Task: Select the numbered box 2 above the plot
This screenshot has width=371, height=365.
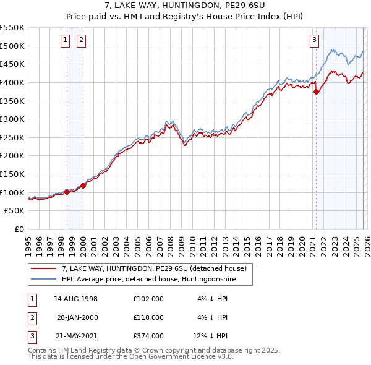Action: point(81,40)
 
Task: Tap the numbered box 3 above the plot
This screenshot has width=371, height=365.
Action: point(314,40)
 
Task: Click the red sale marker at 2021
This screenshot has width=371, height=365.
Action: point(317,92)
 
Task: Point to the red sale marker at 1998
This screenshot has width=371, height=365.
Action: point(67,192)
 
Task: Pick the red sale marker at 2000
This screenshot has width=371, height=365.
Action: point(83,186)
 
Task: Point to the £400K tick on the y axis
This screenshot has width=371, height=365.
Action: point(12,82)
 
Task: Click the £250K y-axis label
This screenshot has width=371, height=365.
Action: point(12,137)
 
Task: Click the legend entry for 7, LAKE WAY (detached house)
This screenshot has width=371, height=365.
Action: point(154,268)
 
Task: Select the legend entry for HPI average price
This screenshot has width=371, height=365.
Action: point(148,279)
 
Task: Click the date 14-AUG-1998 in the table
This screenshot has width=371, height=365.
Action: point(76,298)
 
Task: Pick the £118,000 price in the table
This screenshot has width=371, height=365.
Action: point(148,317)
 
